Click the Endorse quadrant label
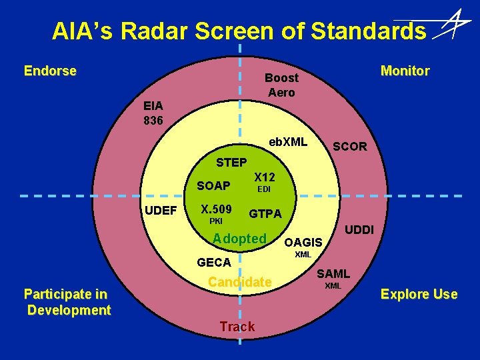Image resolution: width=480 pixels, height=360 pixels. point(50,71)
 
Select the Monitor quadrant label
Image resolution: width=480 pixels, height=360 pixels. point(405,71)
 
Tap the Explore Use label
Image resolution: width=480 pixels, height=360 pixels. point(419,294)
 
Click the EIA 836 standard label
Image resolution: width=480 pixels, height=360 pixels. point(154,113)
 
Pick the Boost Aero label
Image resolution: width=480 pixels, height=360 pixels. point(281,85)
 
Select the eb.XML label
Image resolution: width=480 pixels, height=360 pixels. point(288,142)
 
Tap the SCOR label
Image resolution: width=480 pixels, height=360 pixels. point(349,147)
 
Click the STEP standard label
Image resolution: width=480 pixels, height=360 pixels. point(231,162)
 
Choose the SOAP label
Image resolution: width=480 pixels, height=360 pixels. point(213,185)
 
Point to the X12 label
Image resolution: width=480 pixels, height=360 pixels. point(265,177)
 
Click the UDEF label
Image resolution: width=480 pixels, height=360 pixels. point(161,211)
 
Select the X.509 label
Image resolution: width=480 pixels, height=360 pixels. point(216,209)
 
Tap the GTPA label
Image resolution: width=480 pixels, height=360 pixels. point(265,214)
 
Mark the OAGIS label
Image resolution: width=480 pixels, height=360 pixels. point(303,243)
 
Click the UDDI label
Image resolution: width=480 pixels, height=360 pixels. point(361,230)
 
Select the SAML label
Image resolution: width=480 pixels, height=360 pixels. point(333,273)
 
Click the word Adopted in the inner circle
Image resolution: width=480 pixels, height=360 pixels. point(239,239)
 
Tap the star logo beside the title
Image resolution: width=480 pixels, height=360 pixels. point(452,25)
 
